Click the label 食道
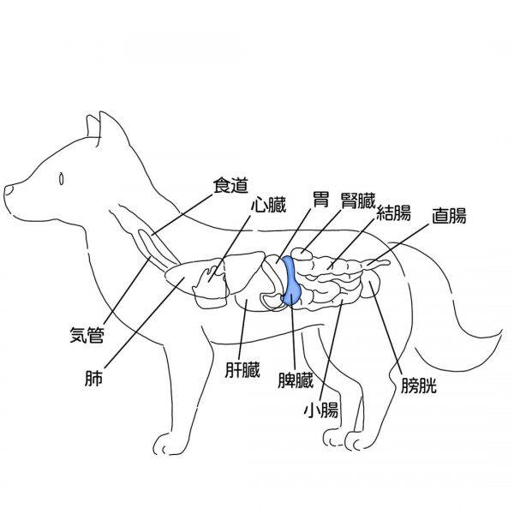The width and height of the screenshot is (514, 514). pos(230,186)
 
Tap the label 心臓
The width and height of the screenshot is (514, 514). pos(269,205)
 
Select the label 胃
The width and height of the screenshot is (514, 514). pos(320,200)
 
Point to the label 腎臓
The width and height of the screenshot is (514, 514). pos(357,200)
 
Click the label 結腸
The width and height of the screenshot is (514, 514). pos(393,212)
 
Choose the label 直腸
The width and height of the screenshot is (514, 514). pos(449,216)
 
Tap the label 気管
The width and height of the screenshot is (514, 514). pos(87,335)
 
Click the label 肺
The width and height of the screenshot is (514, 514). pos(93,378)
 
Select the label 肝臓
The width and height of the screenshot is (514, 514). pos(242,370)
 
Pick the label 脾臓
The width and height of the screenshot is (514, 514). pos(296,380)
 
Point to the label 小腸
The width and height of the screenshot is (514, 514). pos(321,410)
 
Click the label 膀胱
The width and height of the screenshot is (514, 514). pos(419,385)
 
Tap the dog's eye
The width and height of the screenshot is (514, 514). pos(61,179)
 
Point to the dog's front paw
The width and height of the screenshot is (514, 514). pos(165,445)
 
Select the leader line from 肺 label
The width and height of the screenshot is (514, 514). pos(144,323)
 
